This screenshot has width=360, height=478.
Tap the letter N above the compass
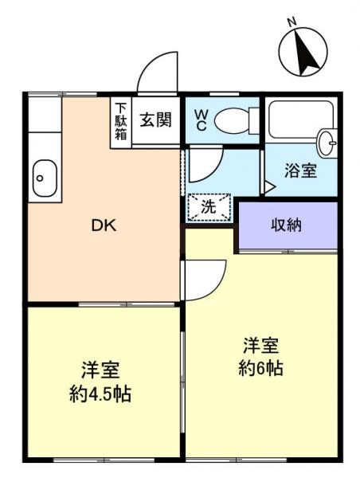click(x=292, y=22)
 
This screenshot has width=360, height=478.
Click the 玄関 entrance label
click(x=155, y=121)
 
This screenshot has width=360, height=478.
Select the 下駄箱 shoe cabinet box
click(x=121, y=121)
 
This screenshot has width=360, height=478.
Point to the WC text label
click(x=201, y=120)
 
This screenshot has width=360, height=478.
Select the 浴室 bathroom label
click(x=301, y=170)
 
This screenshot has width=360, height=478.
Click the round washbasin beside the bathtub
click(x=327, y=143)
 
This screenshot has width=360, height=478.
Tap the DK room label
click(x=103, y=225)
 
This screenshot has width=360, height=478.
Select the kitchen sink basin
click(x=44, y=178)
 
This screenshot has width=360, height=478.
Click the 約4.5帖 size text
click(x=100, y=393)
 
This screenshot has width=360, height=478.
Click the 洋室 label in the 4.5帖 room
click(x=100, y=370)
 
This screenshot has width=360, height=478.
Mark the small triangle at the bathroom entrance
click(x=268, y=187)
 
